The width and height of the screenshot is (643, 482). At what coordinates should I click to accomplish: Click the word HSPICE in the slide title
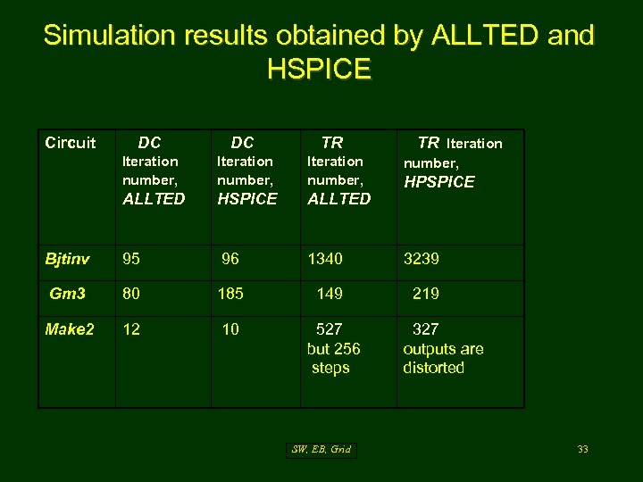(318, 69)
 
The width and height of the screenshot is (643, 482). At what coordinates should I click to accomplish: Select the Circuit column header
(71, 143)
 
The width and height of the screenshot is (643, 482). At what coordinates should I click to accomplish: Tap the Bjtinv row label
(67, 259)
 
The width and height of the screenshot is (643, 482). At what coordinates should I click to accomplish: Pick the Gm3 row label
(68, 294)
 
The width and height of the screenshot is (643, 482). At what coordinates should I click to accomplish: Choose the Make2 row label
(70, 329)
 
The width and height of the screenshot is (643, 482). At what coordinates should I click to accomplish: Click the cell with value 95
(132, 259)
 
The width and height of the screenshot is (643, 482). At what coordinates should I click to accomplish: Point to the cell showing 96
(230, 259)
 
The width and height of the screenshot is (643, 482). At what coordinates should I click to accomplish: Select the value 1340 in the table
(325, 259)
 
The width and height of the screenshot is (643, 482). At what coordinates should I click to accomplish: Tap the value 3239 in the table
(422, 259)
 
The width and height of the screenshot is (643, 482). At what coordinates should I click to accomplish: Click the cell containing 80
(132, 294)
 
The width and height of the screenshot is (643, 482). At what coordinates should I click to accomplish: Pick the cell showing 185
(230, 294)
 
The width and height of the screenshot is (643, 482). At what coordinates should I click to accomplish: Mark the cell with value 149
(330, 294)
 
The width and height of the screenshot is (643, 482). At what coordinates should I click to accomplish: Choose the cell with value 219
(426, 294)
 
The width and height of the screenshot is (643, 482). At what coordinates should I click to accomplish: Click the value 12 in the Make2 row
(131, 329)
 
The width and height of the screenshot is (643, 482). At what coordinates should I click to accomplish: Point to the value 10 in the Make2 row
(230, 329)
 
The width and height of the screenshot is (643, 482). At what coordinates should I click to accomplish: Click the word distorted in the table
(434, 368)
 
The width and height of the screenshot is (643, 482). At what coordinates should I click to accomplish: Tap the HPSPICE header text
(439, 182)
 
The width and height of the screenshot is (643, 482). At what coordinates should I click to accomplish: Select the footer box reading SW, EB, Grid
(321, 449)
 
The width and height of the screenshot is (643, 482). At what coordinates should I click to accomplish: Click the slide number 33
(582, 449)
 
